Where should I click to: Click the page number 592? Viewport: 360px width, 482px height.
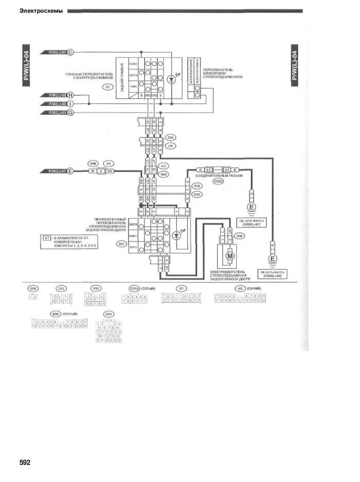point(25,462)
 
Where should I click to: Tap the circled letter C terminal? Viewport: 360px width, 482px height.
point(71,52)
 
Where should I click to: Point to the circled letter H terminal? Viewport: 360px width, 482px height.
point(71,95)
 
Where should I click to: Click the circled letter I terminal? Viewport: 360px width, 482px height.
point(71,103)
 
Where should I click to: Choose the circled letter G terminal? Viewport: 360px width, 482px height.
point(71,112)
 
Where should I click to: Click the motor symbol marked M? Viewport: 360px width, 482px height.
point(230,255)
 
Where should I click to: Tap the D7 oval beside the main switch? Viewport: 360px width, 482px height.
point(108,87)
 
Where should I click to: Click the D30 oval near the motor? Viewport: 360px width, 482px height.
point(239,236)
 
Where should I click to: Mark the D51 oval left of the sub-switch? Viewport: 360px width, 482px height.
point(122,244)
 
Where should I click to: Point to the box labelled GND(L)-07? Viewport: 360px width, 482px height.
point(251,223)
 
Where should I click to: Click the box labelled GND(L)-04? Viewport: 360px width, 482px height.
point(273,274)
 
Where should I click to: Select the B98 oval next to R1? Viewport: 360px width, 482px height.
point(93,162)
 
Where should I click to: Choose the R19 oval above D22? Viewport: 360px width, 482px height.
point(196,187)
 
